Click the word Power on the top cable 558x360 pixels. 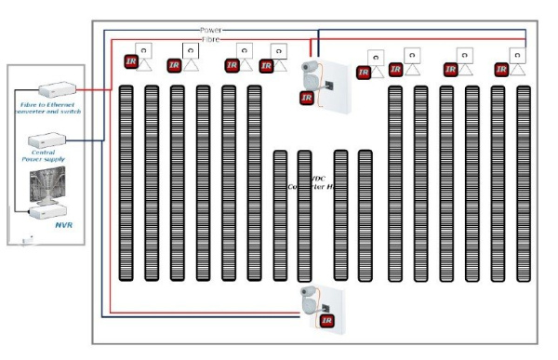(x=211, y=31)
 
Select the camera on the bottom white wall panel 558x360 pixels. (x=310, y=299)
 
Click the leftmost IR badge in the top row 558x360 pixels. (x=131, y=62)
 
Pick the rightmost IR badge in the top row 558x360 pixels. (x=502, y=68)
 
